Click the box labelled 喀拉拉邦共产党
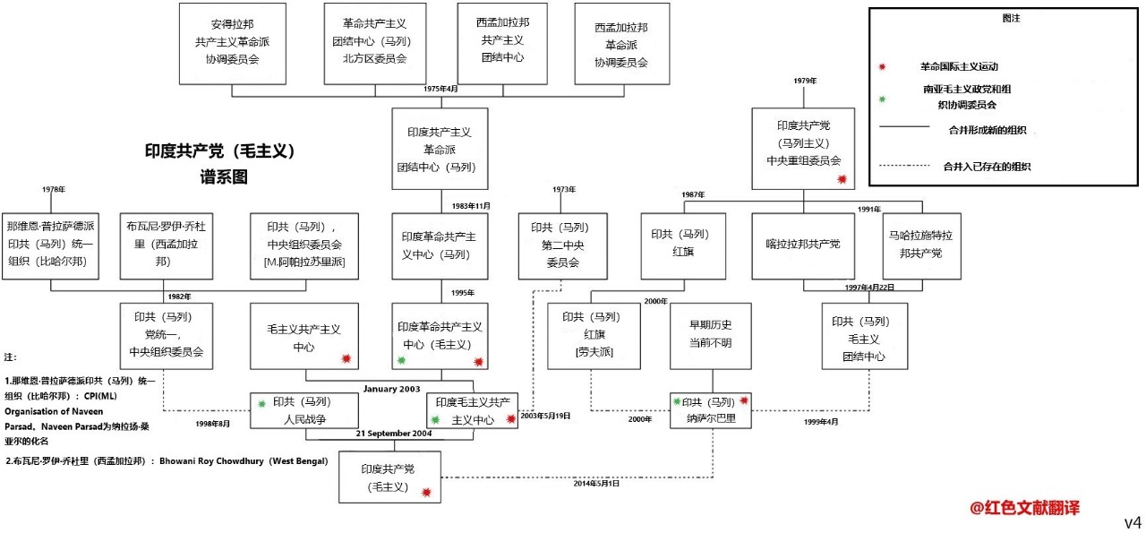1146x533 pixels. point(803,245)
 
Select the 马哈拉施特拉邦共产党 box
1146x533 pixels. point(920,245)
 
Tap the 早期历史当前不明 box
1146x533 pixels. point(709,335)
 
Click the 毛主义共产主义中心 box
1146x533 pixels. point(304,336)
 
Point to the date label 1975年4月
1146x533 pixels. point(440,89)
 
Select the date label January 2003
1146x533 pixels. point(391,389)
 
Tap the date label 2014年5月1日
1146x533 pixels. point(596,484)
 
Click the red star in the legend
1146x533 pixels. point(883,66)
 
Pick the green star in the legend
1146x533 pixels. point(883,98)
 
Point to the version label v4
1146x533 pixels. point(1133,522)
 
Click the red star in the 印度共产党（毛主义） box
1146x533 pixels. point(426,492)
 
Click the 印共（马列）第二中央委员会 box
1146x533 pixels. point(562,245)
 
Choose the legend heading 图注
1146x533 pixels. point(1008,18)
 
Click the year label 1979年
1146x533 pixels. point(805,81)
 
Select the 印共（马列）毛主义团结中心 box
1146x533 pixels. point(864,337)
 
